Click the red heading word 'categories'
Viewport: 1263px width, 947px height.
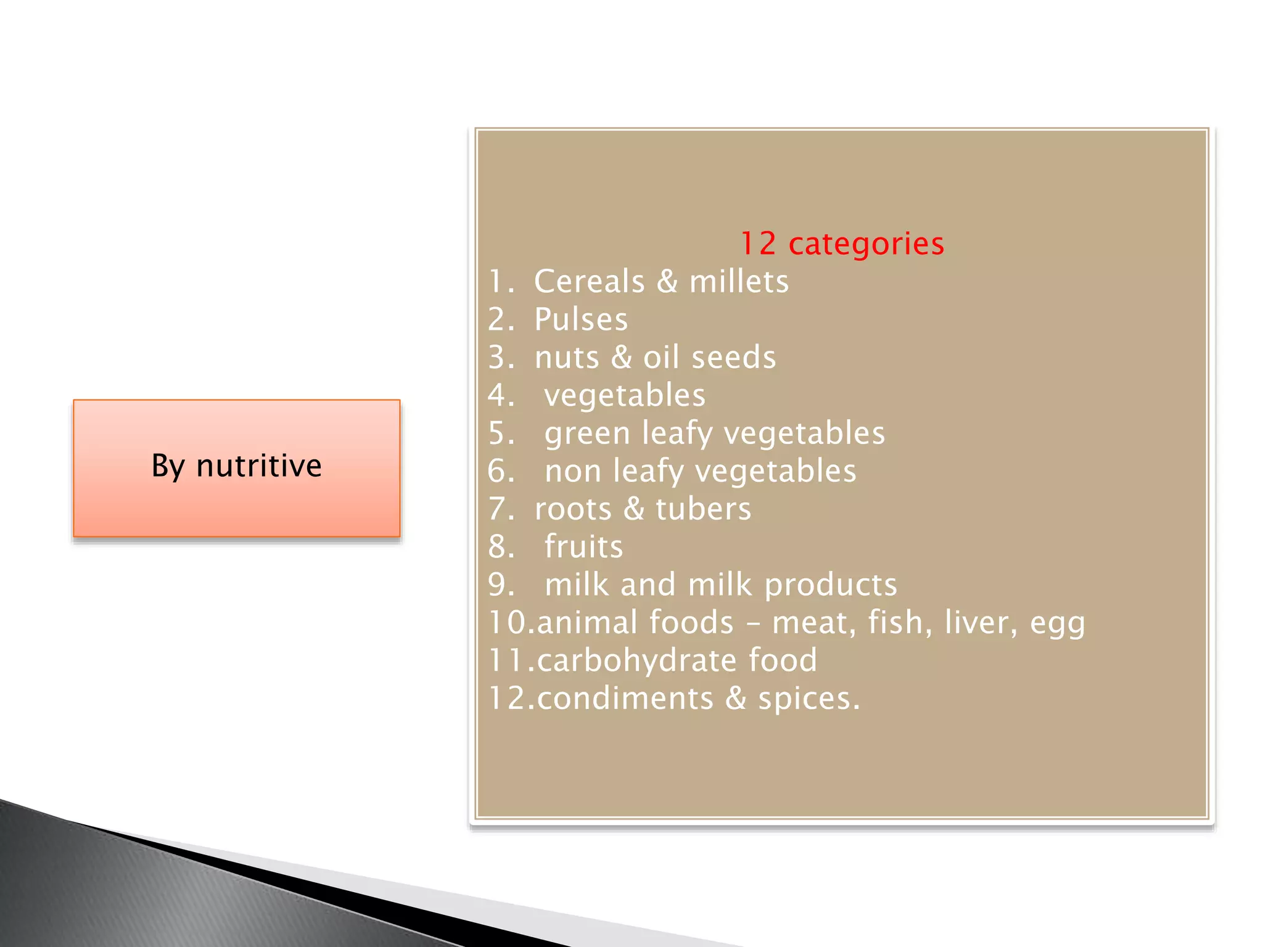[866, 244]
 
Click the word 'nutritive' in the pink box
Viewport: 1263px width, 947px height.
[258, 465]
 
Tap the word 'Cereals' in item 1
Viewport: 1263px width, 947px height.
[589, 282]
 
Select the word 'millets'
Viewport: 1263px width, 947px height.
[738, 282]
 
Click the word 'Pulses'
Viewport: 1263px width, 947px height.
[580, 319]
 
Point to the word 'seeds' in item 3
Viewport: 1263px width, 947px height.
[733, 358]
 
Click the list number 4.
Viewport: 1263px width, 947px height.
[499, 395]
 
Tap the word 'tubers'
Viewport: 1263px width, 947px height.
[703, 509]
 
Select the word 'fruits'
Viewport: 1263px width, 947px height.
[583, 547]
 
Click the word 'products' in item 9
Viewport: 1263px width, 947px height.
[830, 585]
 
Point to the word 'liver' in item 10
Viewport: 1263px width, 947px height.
[980, 622]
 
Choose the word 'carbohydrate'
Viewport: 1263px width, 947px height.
[636, 660]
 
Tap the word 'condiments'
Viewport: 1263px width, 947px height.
[625, 699]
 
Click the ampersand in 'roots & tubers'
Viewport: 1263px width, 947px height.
[633, 509]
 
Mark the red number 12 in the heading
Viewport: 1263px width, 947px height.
[757, 244]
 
